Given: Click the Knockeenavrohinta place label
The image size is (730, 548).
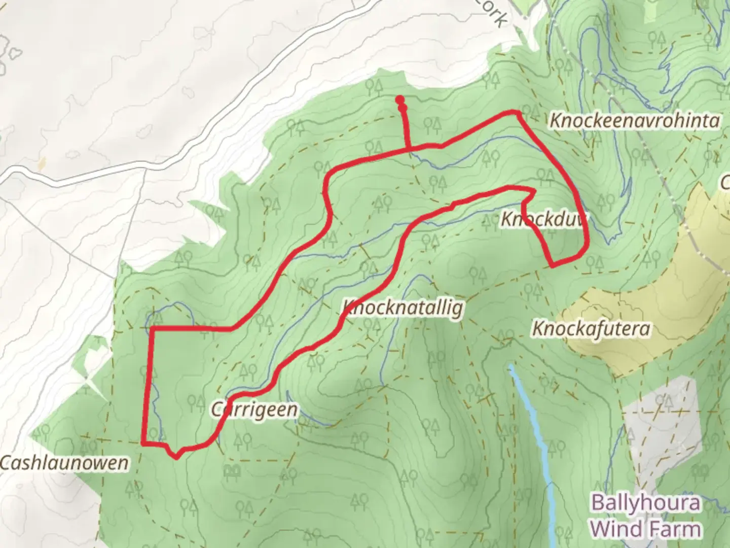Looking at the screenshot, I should [x=635, y=121].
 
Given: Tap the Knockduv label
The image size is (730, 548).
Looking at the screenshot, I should [x=543, y=220].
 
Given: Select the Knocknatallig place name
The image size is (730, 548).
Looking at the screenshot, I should [x=403, y=307].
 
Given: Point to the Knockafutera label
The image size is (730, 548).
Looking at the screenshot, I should [x=591, y=329].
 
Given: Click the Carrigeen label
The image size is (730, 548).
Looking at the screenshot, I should [x=254, y=409].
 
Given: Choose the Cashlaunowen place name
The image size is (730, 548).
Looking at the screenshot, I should [x=64, y=463].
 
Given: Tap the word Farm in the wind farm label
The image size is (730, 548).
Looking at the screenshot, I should [x=672, y=529].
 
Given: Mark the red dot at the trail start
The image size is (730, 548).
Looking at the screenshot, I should [x=400, y=100].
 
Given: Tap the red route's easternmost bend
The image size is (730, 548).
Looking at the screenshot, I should [x=587, y=246].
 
